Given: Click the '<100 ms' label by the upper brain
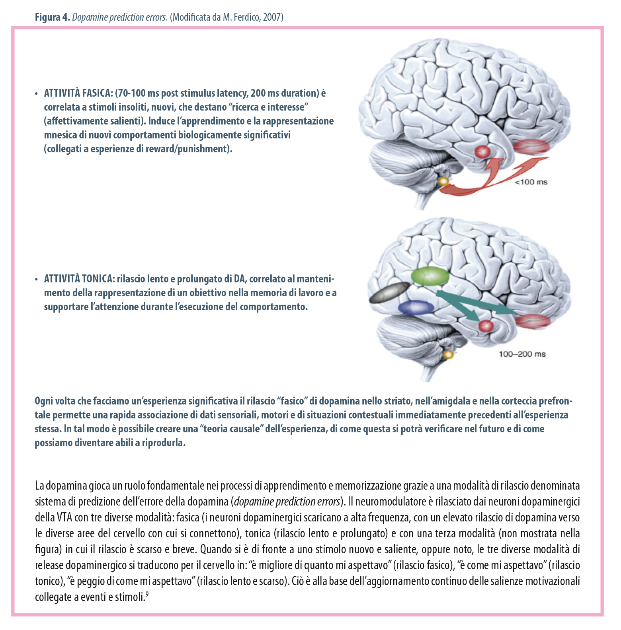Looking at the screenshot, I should [x=531, y=182].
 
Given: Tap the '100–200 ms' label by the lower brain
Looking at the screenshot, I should [x=522, y=354].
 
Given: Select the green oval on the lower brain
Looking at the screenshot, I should [x=430, y=275].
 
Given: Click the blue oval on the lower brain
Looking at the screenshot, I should [x=416, y=307].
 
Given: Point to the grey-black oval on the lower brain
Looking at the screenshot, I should [x=389, y=292].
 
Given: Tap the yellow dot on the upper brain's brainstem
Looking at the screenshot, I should [x=443, y=182].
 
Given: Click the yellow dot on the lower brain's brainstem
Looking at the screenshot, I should [x=449, y=354].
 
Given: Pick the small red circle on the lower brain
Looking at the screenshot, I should [x=486, y=326].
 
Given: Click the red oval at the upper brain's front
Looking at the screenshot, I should [x=531, y=147].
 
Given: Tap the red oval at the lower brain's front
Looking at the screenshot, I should [x=533, y=321].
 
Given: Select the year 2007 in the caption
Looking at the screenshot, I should [x=272, y=17].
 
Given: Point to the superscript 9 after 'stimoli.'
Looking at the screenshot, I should [x=147, y=594].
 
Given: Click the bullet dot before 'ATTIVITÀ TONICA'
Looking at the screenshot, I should [x=37, y=279].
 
